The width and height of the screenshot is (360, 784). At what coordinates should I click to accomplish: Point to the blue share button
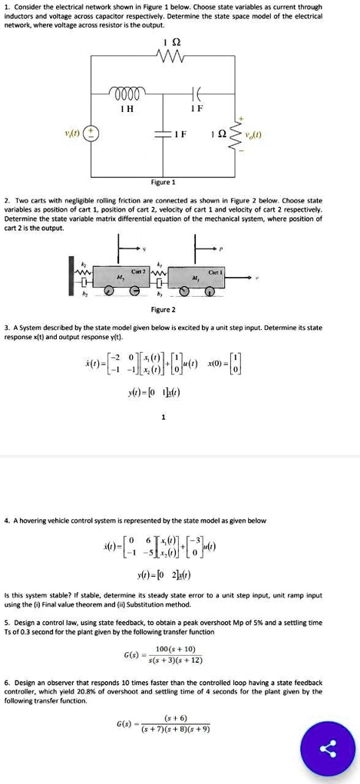[x=331, y=749]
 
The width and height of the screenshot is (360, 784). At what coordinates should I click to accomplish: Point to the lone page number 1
[x=163, y=417]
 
